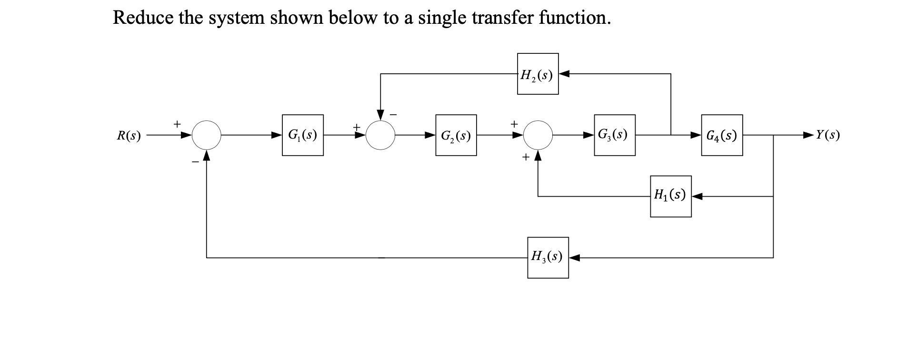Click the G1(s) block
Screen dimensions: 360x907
click(302, 135)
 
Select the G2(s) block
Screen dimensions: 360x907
click(456, 135)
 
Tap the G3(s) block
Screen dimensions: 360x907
click(614, 135)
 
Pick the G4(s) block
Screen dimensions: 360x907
click(721, 135)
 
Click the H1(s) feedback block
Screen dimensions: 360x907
click(670, 196)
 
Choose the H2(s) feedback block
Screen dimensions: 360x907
click(538, 74)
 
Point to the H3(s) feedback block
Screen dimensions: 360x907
click(548, 258)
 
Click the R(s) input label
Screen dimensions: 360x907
click(129, 136)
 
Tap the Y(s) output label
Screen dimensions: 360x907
click(827, 135)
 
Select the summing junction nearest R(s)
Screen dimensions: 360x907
click(206, 135)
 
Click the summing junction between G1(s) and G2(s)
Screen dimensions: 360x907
click(380, 135)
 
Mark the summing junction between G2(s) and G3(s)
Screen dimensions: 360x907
click(538, 135)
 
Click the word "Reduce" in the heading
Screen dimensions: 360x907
click(143, 18)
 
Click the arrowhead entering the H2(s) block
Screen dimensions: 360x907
click(564, 74)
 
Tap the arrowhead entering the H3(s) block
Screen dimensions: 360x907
click(574, 258)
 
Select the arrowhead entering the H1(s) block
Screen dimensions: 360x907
click(697, 196)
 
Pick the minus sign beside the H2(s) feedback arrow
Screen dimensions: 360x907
click(393, 114)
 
